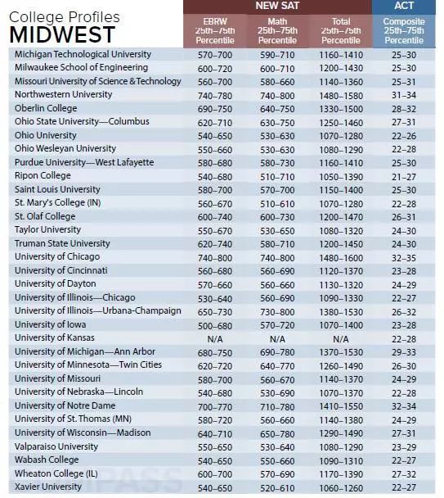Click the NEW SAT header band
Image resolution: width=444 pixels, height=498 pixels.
[277, 6]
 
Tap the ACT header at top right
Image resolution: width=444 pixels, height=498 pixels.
[404, 6]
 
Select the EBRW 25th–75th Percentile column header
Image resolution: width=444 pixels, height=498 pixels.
[215, 31]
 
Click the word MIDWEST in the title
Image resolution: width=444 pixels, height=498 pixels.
[62, 34]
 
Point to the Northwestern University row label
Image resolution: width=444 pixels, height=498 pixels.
[64, 94]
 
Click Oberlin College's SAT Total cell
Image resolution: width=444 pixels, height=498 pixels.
[341, 109]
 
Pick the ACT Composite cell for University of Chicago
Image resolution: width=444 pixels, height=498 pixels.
[404, 258]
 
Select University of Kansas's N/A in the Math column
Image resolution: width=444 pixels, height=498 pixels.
[277, 339]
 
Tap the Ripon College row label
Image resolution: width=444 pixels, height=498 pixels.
[43, 175]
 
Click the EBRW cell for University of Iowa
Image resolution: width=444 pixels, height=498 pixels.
[215, 326]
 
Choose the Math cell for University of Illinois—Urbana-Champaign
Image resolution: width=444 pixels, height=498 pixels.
[277, 312]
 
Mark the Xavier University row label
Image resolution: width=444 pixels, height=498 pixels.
[48, 487]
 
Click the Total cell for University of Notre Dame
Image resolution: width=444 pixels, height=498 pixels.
[341, 407]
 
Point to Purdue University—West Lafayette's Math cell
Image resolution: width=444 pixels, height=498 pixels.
[277, 163]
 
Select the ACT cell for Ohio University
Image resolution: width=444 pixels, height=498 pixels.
[404, 136]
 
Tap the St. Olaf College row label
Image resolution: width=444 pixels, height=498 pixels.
[45, 216]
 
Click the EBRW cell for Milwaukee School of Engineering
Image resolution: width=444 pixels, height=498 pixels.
[215, 69]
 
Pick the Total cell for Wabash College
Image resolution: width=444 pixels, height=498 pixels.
[341, 461]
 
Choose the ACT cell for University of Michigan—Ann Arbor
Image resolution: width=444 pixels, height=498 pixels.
[404, 352]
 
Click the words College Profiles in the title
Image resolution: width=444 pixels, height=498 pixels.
[65, 17]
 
